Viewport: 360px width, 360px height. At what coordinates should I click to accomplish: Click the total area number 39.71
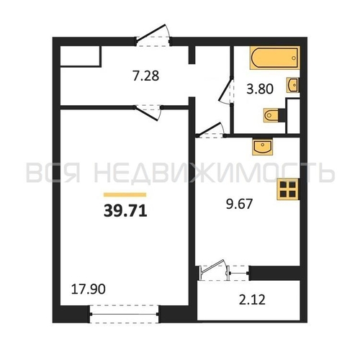click(125, 212)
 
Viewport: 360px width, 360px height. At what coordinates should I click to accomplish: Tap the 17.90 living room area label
click(89, 289)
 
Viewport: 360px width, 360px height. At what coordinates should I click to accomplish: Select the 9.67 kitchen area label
click(239, 204)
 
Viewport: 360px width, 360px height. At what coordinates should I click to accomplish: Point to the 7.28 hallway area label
click(146, 76)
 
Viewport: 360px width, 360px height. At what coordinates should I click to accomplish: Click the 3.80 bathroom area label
click(260, 89)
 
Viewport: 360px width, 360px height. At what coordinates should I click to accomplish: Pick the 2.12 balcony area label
click(252, 300)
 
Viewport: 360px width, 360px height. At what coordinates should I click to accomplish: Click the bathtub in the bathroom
click(275, 58)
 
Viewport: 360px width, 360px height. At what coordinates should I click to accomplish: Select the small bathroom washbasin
click(293, 85)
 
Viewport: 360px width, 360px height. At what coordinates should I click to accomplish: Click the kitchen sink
click(263, 146)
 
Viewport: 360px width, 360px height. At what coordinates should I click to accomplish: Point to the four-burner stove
click(288, 189)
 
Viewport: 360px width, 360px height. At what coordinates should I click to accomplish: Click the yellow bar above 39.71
click(125, 194)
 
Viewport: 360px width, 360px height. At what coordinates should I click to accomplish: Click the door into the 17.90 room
click(148, 112)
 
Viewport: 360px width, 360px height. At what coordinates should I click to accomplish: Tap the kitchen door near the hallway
click(211, 131)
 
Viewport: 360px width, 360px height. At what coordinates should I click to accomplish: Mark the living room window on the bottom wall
click(124, 314)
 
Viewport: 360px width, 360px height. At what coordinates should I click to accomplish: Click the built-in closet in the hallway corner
click(81, 56)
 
